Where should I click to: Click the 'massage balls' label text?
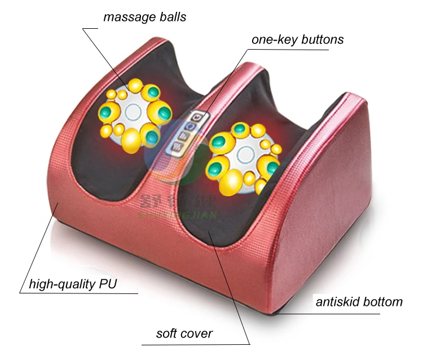(144, 17)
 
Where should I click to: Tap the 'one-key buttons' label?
(298, 40)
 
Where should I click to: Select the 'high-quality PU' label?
(73, 284)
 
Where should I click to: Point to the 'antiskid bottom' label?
(359, 301)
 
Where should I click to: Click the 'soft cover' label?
(184, 333)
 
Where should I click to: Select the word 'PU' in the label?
(107, 284)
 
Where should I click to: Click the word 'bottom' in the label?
(384, 301)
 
